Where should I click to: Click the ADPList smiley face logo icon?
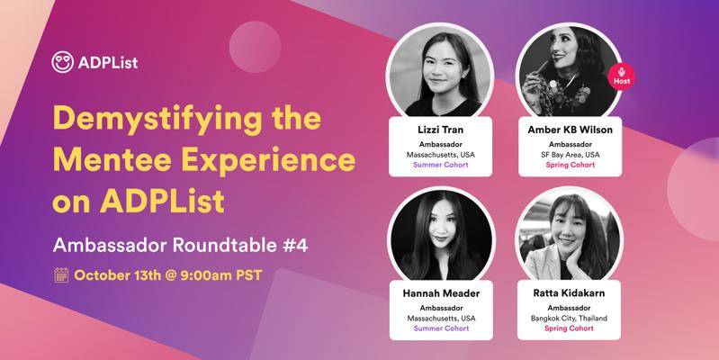pyautogui.click(x=62, y=62)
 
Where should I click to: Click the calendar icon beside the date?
pyautogui.click(x=61, y=275)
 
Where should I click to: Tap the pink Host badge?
pyautogui.click(x=621, y=76)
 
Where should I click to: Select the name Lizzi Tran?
pyautogui.click(x=440, y=130)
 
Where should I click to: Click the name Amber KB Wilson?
pyautogui.click(x=570, y=130)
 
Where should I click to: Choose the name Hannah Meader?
pyautogui.click(x=441, y=293)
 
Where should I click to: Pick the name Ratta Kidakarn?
pyautogui.click(x=569, y=293)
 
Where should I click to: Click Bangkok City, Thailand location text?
pyautogui.click(x=569, y=319)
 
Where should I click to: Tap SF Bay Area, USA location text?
pyautogui.click(x=570, y=155)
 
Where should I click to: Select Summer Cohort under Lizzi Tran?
pyautogui.click(x=441, y=165)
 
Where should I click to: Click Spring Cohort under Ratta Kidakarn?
pyautogui.click(x=569, y=328)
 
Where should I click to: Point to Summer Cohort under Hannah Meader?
pyautogui.click(x=441, y=328)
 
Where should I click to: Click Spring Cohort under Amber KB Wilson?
pyautogui.click(x=570, y=165)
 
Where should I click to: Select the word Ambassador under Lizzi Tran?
pyautogui.click(x=441, y=145)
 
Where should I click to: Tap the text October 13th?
pyautogui.click(x=118, y=275)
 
